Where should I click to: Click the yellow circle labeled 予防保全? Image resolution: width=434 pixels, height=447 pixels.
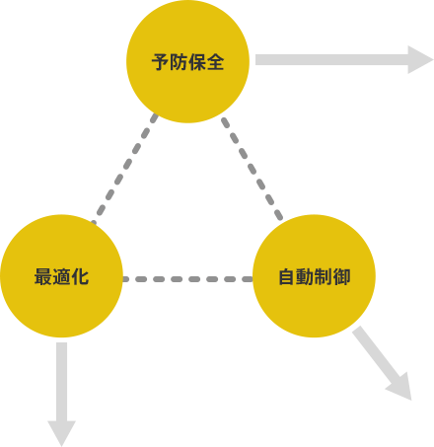pyautogui.click(x=187, y=61)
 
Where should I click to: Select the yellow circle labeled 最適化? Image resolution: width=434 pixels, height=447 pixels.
pyautogui.click(x=61, y=276)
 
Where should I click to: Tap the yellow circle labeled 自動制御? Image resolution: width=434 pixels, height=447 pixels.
pyautogui.click(x=314, y=276)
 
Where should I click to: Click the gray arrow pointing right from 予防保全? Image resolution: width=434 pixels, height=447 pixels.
pyautogui.click(x=344, y=60)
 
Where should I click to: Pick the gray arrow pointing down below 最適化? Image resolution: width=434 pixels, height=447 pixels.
pyautogui.click(x=62, y=395)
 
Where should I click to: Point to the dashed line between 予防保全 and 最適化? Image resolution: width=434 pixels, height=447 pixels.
pyautogui.click(x=124, y=169)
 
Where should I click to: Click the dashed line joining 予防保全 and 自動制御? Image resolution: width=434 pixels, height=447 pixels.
pyautogui.click(x=252, y=169)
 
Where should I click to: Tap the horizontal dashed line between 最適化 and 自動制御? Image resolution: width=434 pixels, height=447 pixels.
pyautogui.click(x=187, y=279)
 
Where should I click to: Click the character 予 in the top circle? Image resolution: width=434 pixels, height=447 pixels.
pyautogui.click(x=160, y=62)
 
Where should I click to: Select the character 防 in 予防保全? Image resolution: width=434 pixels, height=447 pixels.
pyautogui.click(x=179, y=62)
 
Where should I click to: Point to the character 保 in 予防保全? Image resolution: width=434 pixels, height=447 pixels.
pyautogui.click(x=197, y=62)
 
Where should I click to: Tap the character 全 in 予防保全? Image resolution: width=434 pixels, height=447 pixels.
pyautogui.click(x=215, y=62)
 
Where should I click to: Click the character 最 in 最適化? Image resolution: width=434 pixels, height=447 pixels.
pyautogui.click(x=43, y=276)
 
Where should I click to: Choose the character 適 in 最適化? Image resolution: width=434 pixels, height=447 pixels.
pyautogui.click(x=61, y=276)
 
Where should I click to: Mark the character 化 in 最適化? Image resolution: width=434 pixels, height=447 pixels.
pyautogui.click(x=80, y=276)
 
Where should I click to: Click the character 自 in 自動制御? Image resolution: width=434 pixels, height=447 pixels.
pyautogui.click(x=287, y=276)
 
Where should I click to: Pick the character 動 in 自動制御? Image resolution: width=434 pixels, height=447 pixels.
pyautogui.click(x=305, y=276)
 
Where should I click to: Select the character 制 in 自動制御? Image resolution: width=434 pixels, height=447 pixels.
pyautogui.click(x=324, y=276)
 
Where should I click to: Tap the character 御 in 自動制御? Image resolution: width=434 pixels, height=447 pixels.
pyautogui.click(x=341, y=276)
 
